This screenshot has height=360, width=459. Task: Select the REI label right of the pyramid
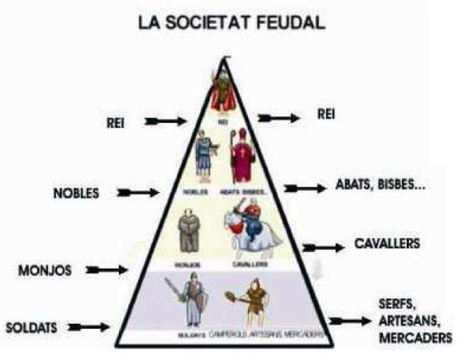coord(326,114)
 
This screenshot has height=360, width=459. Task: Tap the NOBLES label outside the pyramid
coord(75,193)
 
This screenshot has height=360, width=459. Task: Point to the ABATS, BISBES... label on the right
coord(381,185)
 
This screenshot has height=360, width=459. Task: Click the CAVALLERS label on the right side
coord(387,244)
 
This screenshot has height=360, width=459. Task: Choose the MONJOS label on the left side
coord(45,271)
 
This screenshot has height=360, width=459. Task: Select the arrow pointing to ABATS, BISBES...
coord(305,188)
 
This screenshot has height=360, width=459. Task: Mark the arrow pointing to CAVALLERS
coord(323,248)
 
